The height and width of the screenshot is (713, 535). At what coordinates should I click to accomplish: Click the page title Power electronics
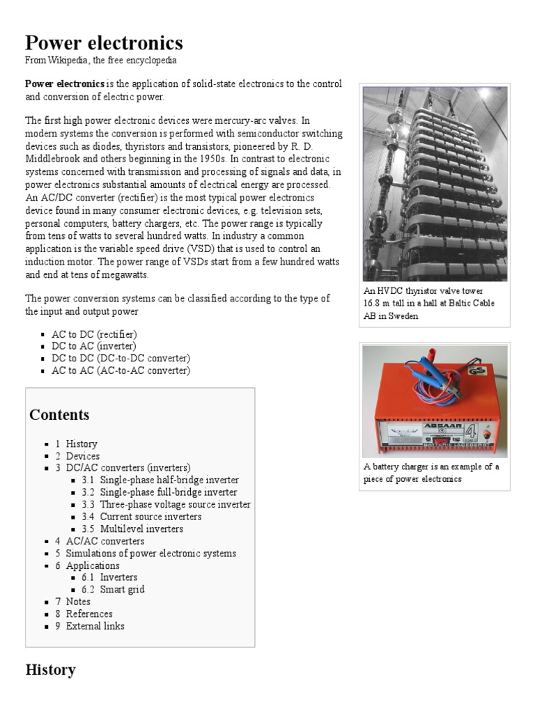pyautogui.click(x=104, y=43)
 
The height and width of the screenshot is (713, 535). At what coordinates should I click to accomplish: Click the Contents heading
pyautogui.click(x=59, y=415)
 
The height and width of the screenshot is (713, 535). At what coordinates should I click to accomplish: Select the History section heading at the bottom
pyautogui.click(x=50, y=671)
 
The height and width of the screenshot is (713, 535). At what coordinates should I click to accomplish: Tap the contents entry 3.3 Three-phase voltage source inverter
pyautogui.click(x=175, y=505)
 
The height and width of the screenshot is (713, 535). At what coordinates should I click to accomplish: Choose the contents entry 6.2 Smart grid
pyautogui.click(x=122, y=590)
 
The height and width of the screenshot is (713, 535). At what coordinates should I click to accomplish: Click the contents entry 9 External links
pyautogui.click(x=95, y=626)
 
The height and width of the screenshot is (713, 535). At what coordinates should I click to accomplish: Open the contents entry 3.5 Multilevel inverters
pyautogui.click(x=141, y=529)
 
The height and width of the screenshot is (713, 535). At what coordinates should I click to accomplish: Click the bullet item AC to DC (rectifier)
pyautogui.click(x=94, y=334)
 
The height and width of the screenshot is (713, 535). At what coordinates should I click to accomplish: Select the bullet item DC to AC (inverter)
pyautogui.click(x=94, y=346)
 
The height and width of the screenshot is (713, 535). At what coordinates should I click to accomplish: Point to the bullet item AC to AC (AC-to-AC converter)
pyautogui.click(x=120, y=370)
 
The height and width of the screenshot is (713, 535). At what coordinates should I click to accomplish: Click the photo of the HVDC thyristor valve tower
pyautogui.click(x=435, y=184)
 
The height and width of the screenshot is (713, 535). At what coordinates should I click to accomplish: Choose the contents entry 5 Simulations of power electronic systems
pyautogui.click(x=150, y=554)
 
